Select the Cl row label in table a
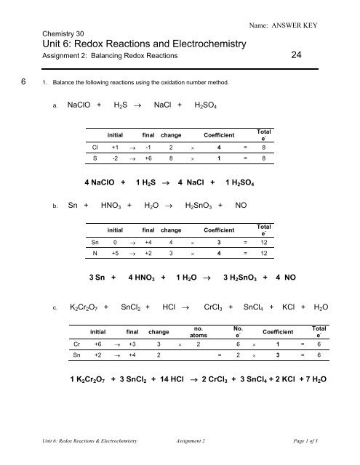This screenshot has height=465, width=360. [x=95, y=145]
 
